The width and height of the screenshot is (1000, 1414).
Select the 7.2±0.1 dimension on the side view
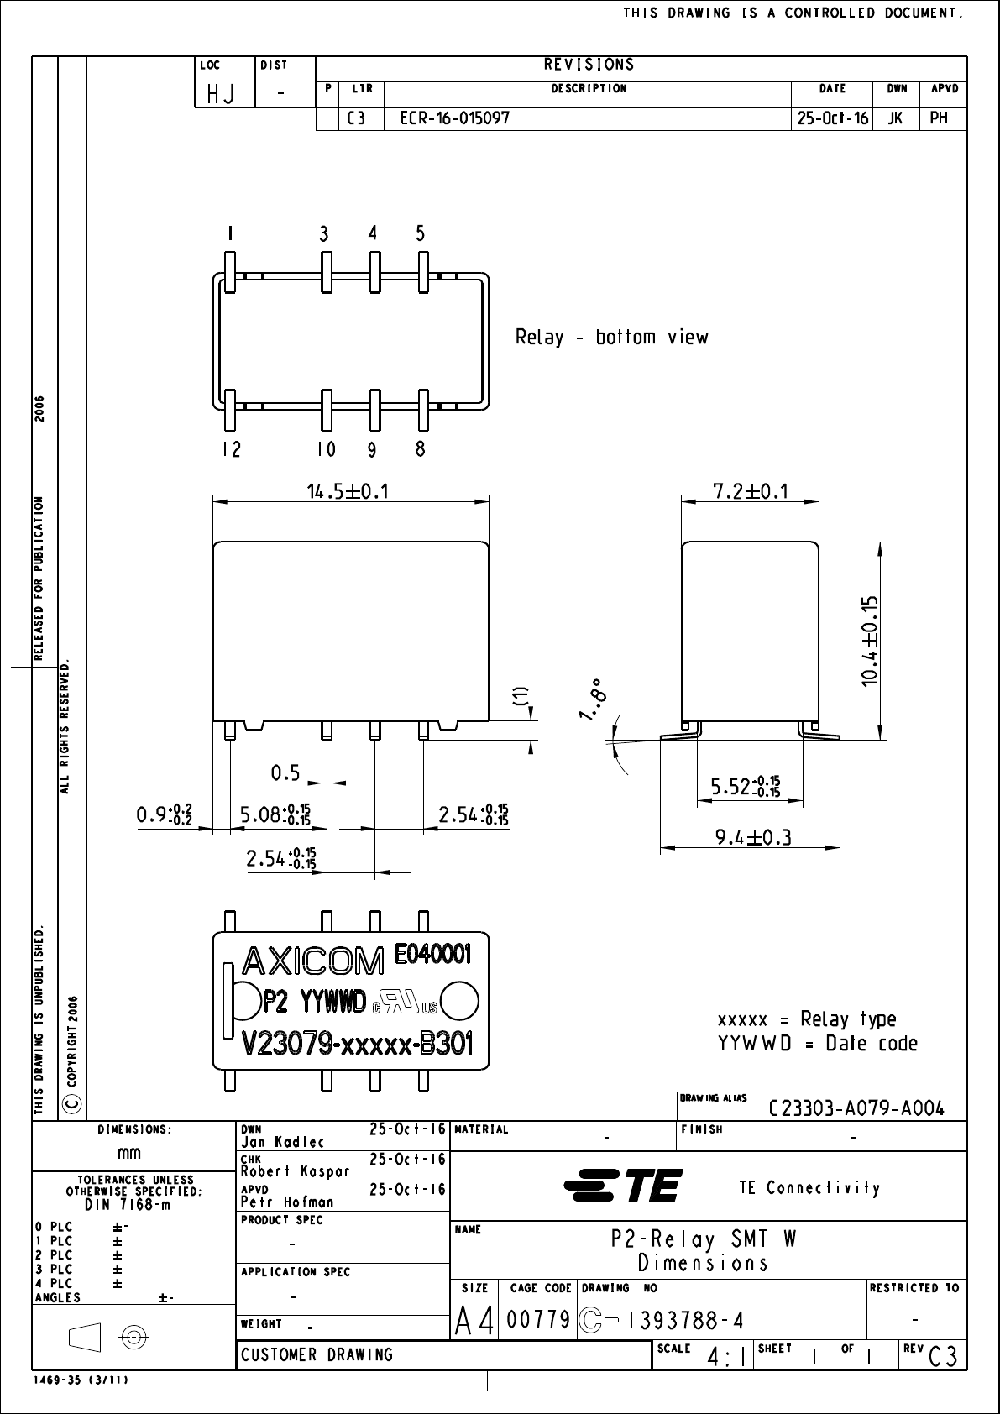click(x=750, y=491)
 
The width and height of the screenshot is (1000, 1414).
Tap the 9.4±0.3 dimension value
click(x=753, y=837)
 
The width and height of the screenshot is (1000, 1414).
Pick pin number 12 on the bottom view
click(x=231, y=450)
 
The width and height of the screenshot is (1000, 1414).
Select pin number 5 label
click(x=421, y=234)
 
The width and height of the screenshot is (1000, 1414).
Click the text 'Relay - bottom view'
click(x=611, y=338)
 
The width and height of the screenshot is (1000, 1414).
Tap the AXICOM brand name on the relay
click(x=312, y=961)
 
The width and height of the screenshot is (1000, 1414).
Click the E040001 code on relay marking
click(x=432, y=954)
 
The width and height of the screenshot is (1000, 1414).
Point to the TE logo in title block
click(x=623, y=1186)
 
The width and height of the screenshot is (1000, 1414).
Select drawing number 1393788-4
click(x=685, y=1321)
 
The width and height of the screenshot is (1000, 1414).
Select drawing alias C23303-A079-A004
click(x=856, y=1108)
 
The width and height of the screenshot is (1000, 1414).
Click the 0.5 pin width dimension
click(x=285, y=770)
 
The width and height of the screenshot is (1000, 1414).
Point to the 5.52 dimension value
click(x=745, y=788)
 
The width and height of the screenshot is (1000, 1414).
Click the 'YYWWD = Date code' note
click(x=817, y=1044)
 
